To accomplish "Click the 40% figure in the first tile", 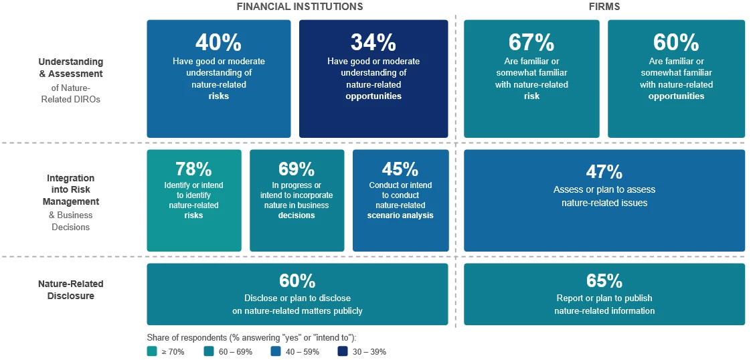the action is click(218, 43).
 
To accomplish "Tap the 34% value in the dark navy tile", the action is click(373, 43).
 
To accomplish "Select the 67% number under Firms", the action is click(531, 43).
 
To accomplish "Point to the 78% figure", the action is click(193, 169).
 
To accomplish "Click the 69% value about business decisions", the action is click(297, 169).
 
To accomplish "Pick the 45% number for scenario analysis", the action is click(400, 169).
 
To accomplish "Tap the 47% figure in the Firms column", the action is click(604, 172).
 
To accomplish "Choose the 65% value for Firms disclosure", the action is click(604, 280).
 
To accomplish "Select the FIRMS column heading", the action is click(604, 7).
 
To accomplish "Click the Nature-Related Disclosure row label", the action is click(71, 290).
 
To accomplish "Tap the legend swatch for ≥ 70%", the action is click(152, 352).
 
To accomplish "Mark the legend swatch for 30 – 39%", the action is click(342, 352).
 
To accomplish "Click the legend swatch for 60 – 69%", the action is click(208, 352).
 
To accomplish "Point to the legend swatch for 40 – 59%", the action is click(275, 352).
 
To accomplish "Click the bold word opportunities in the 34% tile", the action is click(373, 96).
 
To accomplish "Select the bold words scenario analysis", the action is click(400, 215).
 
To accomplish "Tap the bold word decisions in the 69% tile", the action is click(297, 215).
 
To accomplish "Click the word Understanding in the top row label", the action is click(71, 62).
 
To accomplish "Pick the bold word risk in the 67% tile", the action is click(531, 96).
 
